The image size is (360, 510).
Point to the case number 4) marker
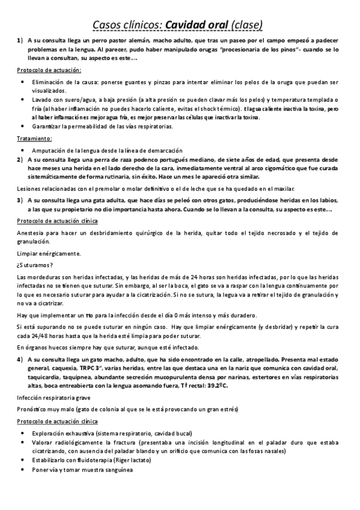[x=20, y=359]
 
